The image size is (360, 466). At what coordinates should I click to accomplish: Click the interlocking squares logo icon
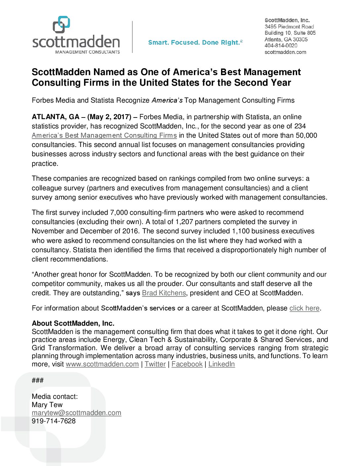62,24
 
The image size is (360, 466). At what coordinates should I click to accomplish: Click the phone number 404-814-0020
281,46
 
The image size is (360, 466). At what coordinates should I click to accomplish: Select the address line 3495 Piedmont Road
289,26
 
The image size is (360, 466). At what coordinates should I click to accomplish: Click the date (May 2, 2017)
109,117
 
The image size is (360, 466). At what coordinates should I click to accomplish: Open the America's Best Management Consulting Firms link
104,135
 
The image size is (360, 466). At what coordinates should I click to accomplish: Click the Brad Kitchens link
164,293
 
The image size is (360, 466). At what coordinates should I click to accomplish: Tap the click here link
304,308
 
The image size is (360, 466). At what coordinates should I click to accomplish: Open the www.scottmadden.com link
102,364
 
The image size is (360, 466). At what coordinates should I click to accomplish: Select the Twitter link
155,364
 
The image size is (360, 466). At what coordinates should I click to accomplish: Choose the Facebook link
187,364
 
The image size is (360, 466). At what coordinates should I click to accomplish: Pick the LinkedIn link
221,364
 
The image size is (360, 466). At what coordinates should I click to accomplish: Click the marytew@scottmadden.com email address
76,413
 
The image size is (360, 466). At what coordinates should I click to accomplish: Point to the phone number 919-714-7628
54,421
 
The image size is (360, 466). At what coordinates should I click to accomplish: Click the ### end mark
38,380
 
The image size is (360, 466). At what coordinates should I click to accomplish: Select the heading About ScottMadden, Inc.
73,323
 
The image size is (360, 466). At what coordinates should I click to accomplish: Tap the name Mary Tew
47,405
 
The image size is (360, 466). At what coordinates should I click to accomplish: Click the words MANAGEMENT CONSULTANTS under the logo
87,52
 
